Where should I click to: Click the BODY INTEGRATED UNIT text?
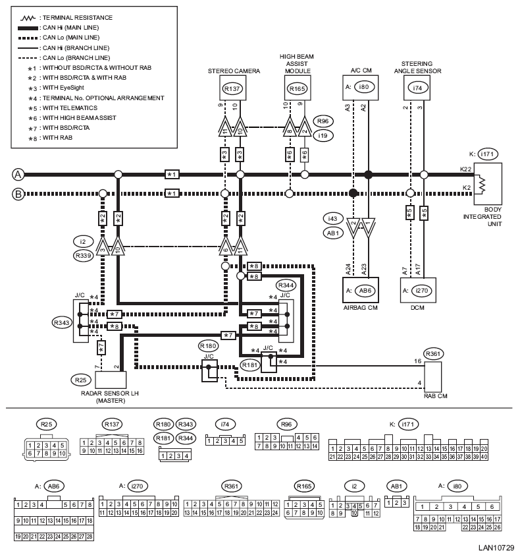click(483, 216)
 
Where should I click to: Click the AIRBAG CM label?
click(359, 307)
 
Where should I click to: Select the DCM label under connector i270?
click(416, 307)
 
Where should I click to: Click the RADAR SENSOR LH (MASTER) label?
click(110, 396)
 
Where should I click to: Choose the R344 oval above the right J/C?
click(286, 285)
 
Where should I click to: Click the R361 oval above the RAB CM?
click(434, 353)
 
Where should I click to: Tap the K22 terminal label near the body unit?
click(465, 170)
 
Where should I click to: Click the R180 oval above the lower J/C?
click(208, 345)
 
